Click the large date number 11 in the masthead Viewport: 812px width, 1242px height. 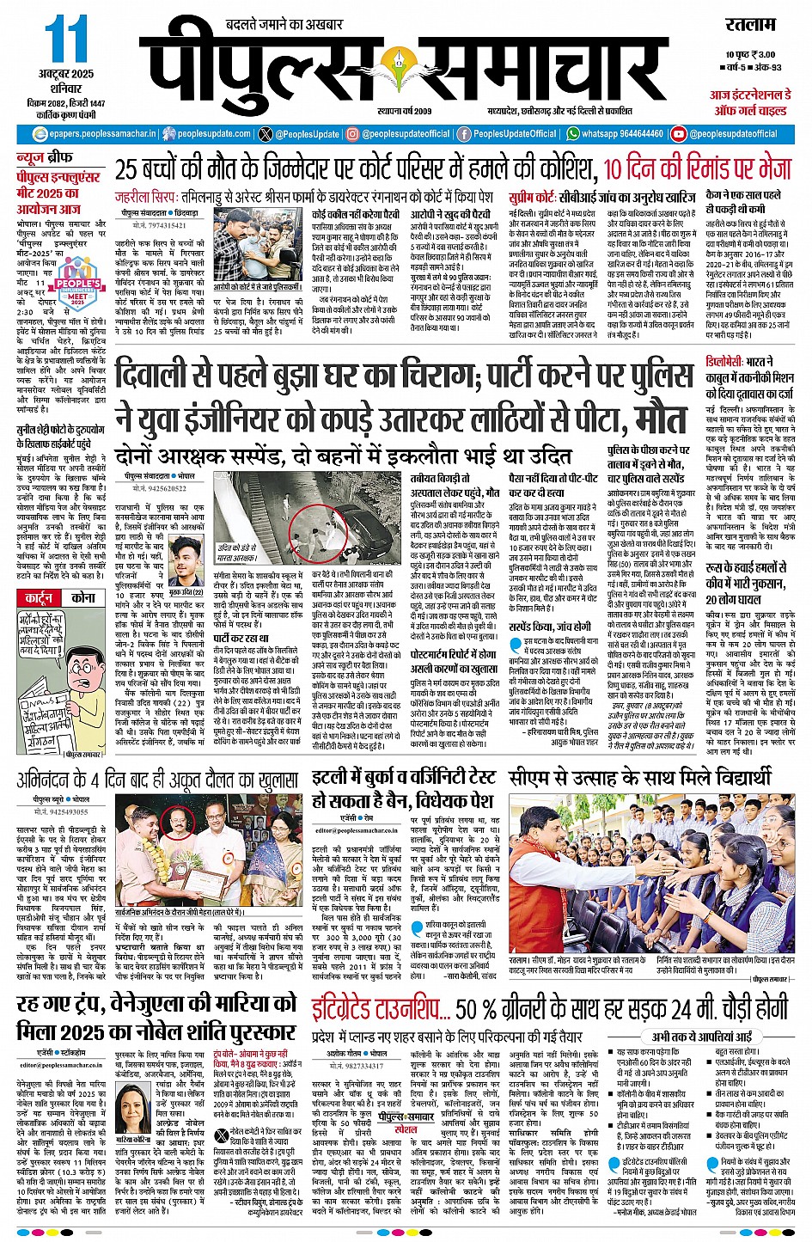(66, 40)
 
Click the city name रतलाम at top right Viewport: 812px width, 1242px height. (750, 23)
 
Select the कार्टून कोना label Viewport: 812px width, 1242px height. (60, 597)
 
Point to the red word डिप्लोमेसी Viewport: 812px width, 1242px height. (730, 362)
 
